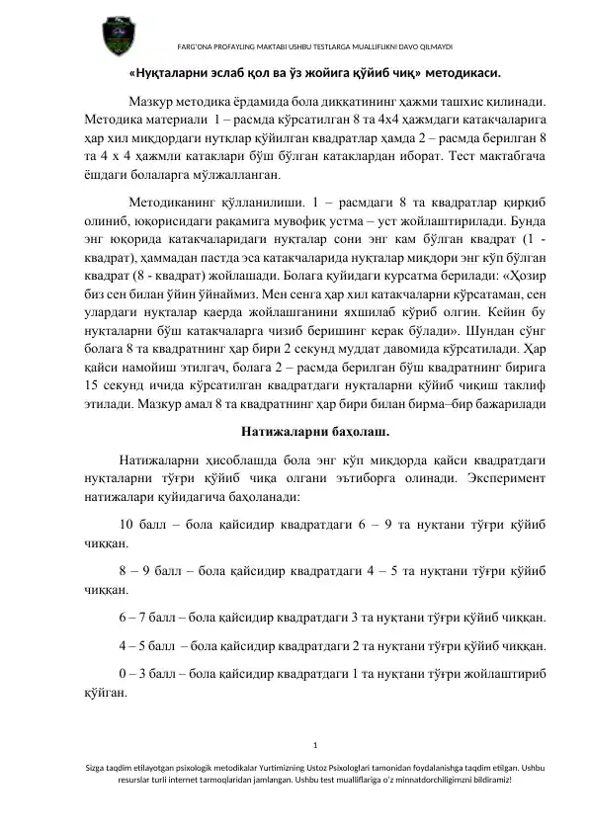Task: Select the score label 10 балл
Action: click(x=145, y=525)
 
